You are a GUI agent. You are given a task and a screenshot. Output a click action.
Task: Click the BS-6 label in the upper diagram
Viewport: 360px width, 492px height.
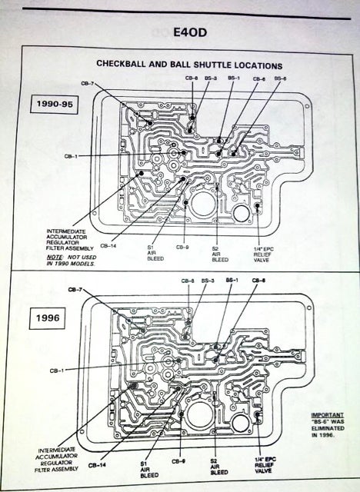(x=280, y=78)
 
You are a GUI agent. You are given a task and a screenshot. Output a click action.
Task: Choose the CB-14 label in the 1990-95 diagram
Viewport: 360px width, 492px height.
(x=108, y=246)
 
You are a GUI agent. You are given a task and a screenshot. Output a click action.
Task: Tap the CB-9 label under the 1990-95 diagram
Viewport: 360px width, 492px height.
(x=182, y=247)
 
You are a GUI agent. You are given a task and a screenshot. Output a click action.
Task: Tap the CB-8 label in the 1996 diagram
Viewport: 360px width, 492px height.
(x=188, y=281)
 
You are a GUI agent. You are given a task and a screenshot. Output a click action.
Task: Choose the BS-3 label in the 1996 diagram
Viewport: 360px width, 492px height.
(x=207, y=281)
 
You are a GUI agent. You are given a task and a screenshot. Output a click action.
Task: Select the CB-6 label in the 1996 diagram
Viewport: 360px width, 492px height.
(x=258, y=281)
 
